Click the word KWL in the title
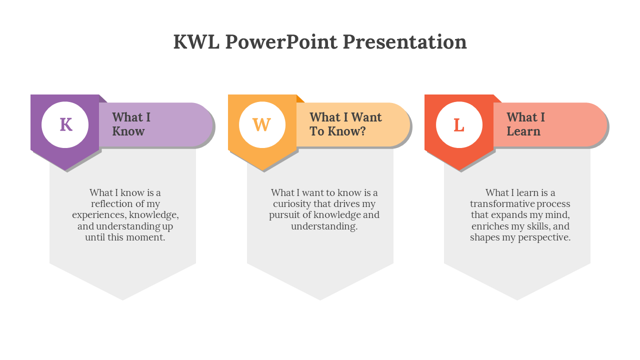[196, 42]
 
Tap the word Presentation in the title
[404, 42]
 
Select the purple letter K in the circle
[66, 124]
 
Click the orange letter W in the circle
[261, 124]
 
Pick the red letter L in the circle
[459, 125]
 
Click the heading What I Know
[131, 124]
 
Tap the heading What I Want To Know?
[345, 124]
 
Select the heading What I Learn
[525, 124]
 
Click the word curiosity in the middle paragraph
[291, 204]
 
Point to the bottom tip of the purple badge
[66, 170]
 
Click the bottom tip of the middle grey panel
[320, 300]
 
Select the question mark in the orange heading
[363, 131]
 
